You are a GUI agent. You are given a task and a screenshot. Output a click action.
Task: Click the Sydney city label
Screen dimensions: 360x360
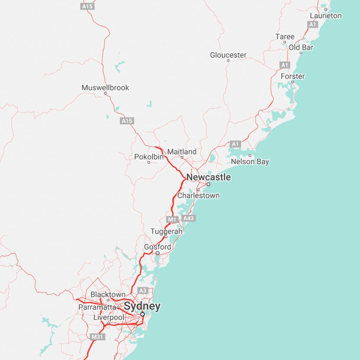142,307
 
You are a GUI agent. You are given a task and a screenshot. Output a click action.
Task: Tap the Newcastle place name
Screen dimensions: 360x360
208,177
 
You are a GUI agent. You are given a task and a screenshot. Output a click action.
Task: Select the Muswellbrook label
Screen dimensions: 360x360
105,88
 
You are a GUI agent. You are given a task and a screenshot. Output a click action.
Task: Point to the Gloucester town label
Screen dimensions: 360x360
228,55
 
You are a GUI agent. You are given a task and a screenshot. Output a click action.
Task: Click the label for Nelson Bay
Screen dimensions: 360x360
250,162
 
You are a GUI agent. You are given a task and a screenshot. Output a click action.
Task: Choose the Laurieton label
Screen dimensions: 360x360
326,16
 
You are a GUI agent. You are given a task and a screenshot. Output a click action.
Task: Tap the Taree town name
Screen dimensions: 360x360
285,37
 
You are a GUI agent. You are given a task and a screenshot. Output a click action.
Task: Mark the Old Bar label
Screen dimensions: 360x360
301,47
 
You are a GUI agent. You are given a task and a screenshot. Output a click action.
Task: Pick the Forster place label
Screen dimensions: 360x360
293,76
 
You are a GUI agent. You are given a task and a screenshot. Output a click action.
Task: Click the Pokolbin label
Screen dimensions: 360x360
149,157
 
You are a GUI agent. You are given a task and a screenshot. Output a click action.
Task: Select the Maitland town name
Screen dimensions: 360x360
182,152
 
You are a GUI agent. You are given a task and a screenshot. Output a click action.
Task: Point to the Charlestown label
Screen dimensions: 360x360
198,195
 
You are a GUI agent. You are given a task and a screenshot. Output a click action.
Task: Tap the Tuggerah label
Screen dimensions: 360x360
167,232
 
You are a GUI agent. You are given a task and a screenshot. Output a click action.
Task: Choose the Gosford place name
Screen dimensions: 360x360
157,247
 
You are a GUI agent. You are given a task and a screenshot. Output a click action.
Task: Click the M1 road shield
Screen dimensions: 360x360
171,220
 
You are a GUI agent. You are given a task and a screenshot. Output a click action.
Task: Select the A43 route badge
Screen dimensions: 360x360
188,218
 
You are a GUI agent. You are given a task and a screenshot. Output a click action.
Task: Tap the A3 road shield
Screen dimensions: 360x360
142,290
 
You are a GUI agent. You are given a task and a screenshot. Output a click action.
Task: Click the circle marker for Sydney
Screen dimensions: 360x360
142,314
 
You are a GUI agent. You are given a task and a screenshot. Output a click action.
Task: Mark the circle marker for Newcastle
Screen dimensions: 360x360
208,184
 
